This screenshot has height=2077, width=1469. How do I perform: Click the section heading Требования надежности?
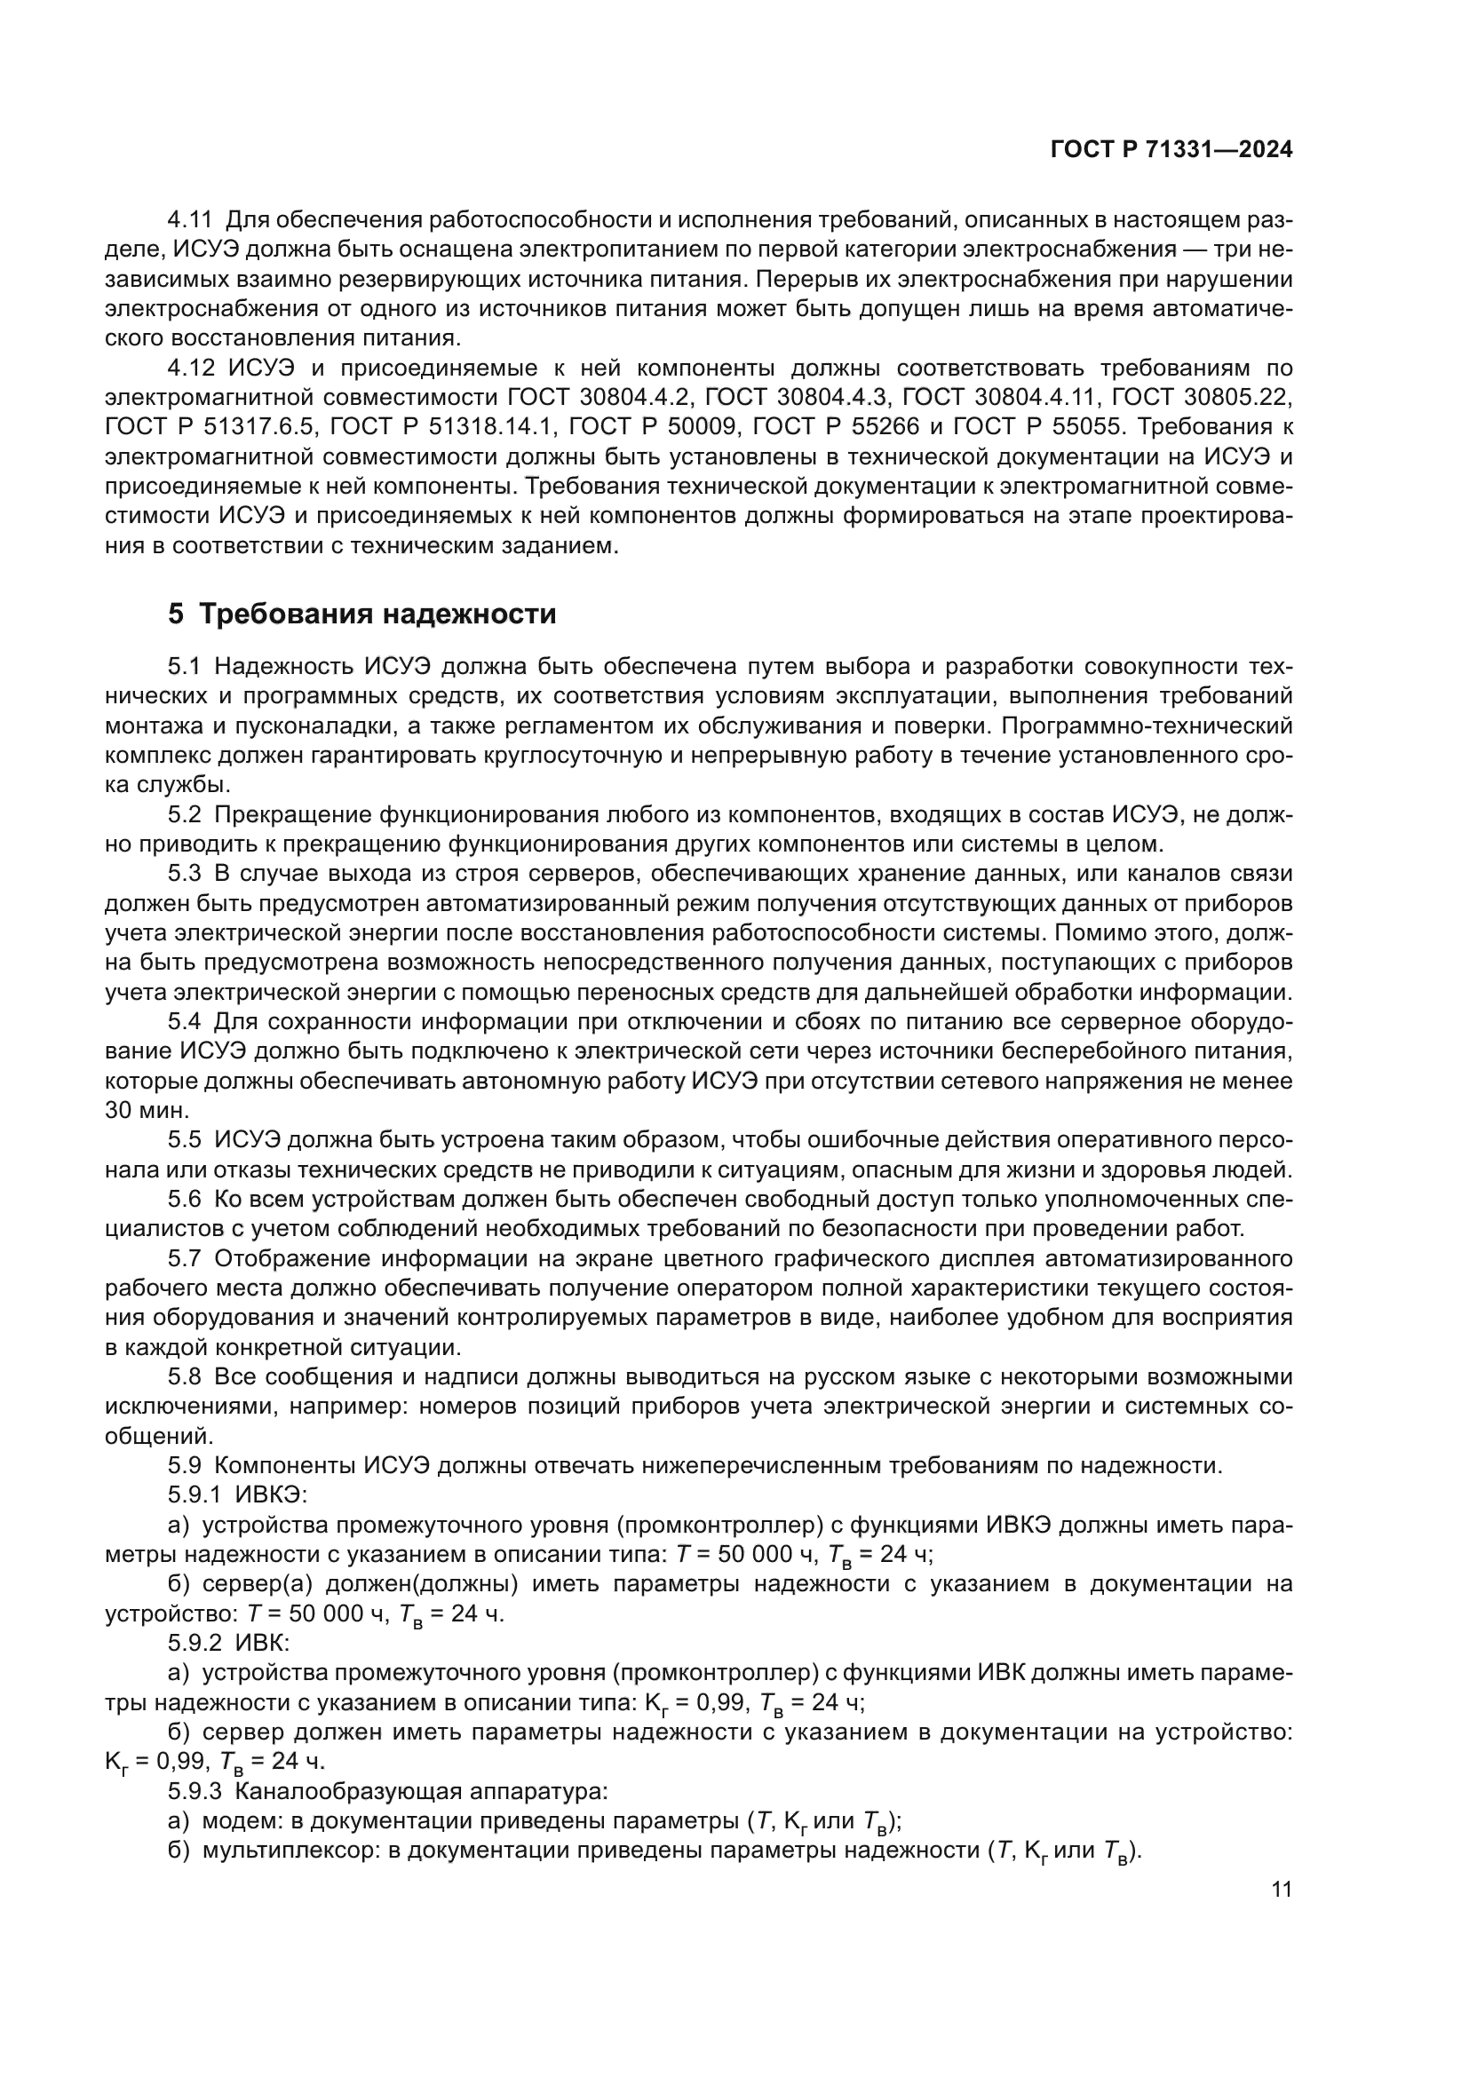point(377,614)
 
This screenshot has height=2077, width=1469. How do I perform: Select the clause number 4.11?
point(189,220)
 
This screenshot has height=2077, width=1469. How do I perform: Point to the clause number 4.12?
point(189,369)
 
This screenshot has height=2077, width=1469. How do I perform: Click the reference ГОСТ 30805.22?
point(1202,397)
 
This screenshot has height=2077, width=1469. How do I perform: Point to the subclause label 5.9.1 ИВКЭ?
point(238,1495)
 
